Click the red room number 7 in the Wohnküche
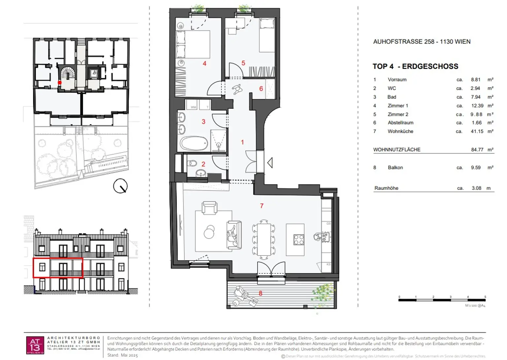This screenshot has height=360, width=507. [x=262, y=206]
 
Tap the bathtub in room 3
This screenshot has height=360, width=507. [x=194, y=144]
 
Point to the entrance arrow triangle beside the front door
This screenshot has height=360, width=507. [x=270, y=163]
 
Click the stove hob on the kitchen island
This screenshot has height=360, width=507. [x=299, y=239]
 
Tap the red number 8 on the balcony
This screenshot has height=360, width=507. [x=260, y=293]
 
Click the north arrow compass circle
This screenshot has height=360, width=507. [x=120, y=186]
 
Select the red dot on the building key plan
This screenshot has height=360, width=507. [x=60, y=83]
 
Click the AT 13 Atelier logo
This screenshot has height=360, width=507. [x=35, y=345]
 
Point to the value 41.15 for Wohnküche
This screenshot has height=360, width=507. [x=477, y=131]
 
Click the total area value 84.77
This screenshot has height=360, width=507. [x=477, y=150]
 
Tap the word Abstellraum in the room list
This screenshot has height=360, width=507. [x=400, y=123]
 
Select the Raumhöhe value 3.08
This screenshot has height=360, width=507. [x=476, y=188]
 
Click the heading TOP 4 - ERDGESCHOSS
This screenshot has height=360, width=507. [x=415, y=66]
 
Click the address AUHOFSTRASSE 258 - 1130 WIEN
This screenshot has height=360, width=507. [x=422, y=42]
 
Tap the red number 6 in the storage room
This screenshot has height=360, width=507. [x=261, y=89]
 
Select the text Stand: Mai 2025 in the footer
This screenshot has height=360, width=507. [x=122, y=355]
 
